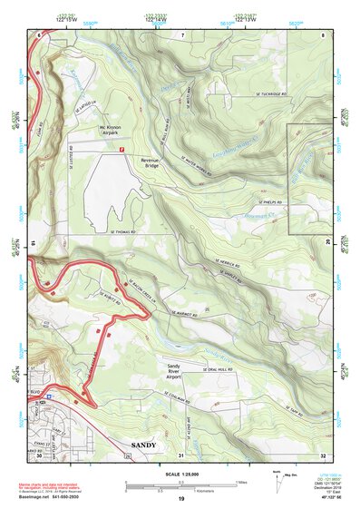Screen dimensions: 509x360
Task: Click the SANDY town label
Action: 144,445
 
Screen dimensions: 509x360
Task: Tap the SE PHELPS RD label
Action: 272,201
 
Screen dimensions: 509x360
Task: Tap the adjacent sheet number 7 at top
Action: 181,34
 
